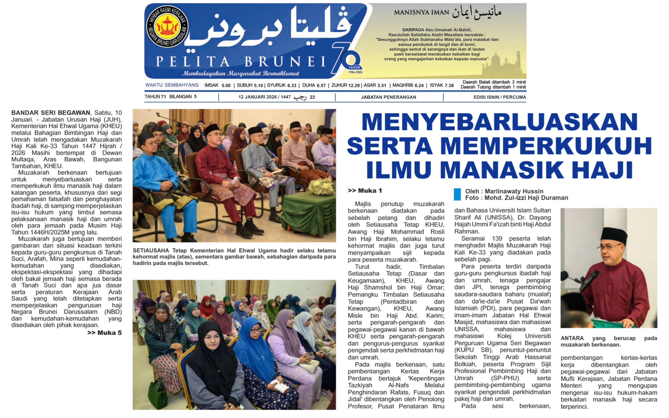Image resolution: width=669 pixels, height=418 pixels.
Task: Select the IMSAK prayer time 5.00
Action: tap(226, 85)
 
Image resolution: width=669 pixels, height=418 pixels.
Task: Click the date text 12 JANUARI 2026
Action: tap(257, 97)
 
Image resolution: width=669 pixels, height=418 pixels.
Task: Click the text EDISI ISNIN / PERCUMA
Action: tap(499, 97)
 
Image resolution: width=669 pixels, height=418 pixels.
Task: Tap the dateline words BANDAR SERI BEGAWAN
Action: tap(50, 113)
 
